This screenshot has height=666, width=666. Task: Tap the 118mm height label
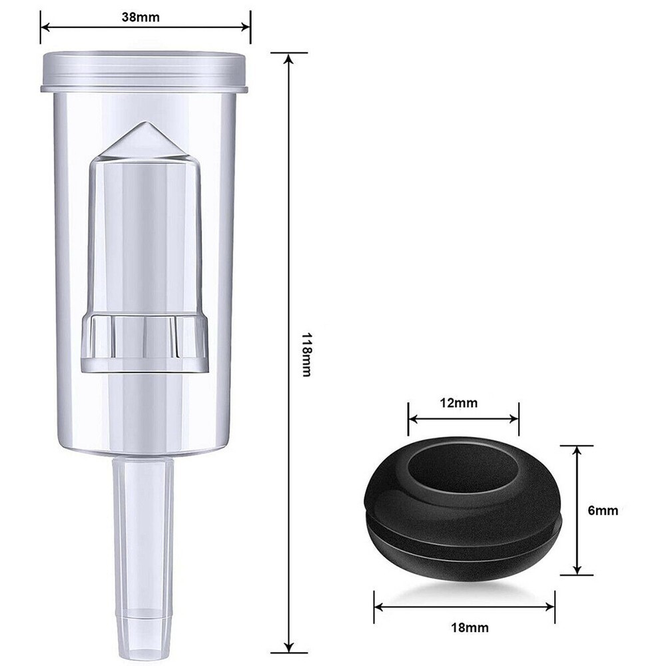pos(306,354)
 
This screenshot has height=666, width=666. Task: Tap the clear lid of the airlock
pos(144,70)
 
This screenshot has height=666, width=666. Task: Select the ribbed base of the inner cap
pos(145,343)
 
